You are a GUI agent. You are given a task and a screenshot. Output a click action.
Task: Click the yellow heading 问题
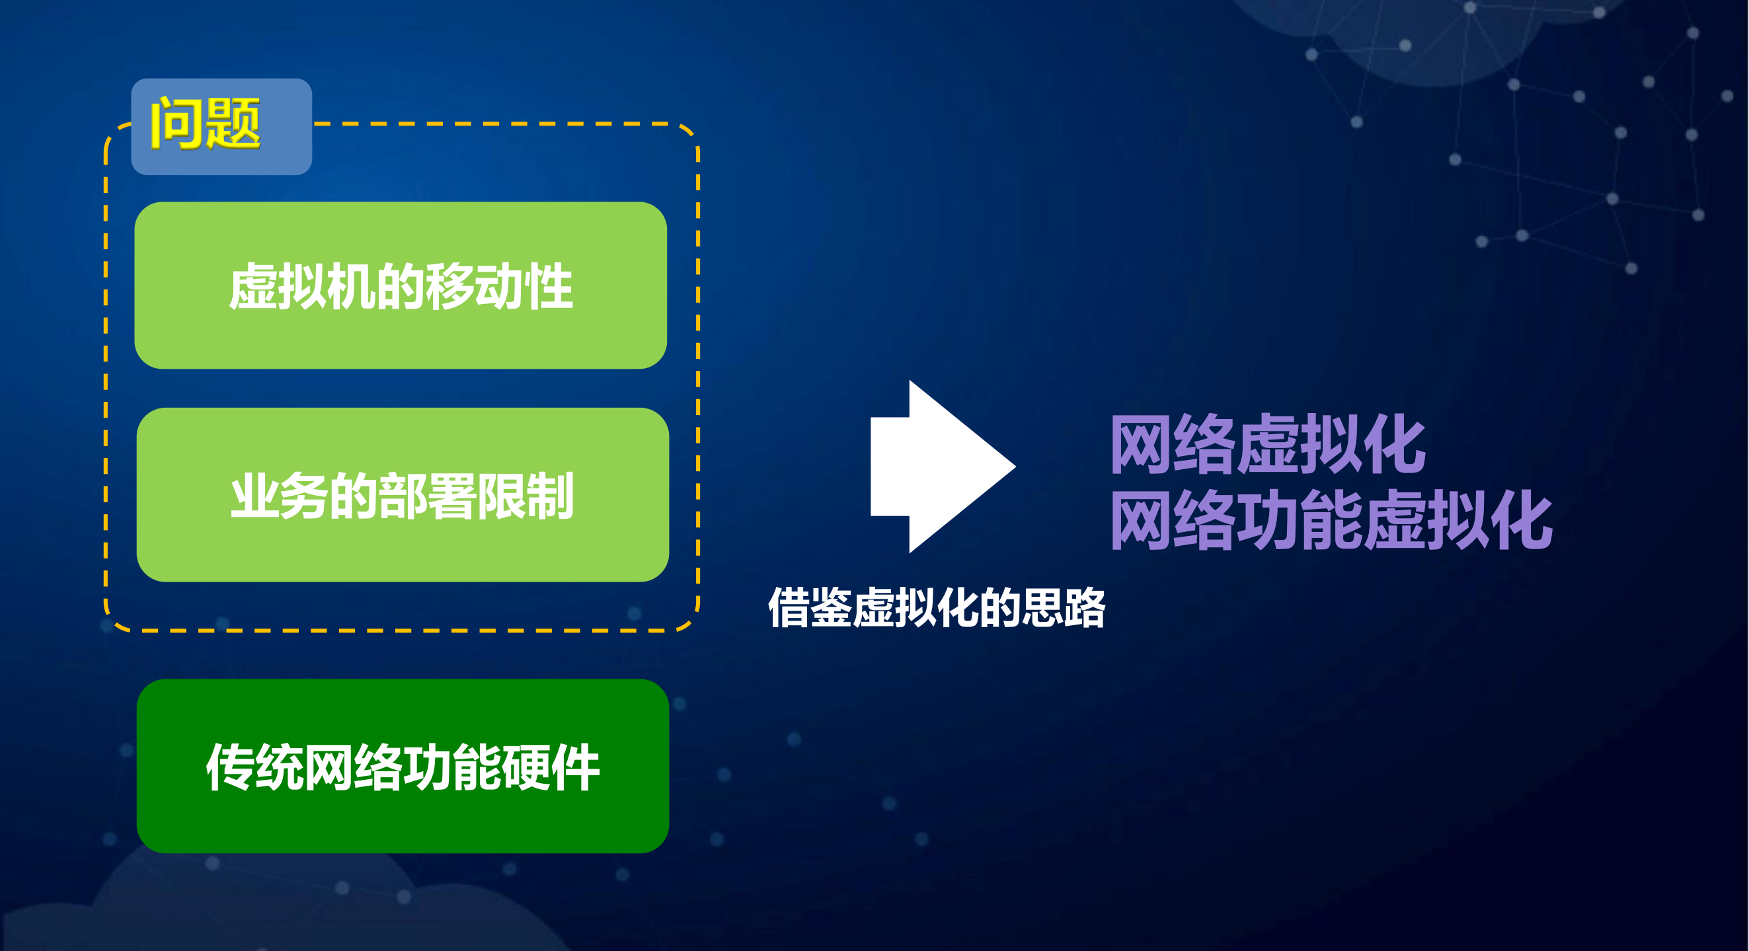(205, 124)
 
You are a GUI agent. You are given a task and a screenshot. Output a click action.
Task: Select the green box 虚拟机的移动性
(401, 285)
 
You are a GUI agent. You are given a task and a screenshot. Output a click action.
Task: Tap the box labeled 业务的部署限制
(403, 495)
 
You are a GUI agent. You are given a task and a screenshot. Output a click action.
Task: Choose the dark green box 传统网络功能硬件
(403, 767)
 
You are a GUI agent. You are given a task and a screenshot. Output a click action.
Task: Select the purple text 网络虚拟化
(1268, 445)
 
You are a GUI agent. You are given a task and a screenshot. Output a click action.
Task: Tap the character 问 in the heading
(176, 124)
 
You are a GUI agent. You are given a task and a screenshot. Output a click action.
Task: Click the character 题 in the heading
(233, 124)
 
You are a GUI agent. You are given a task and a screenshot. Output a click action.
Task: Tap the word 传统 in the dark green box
(255, 767)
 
